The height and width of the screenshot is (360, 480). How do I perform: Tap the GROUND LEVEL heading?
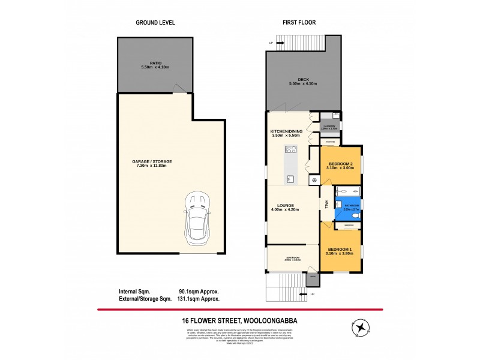click(x=155, y=23)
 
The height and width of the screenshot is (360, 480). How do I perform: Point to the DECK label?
click(x=302, y=79)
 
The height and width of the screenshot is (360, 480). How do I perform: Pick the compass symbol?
click(x=361, y=328)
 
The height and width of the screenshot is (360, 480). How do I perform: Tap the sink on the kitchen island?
click(x=290, y=178)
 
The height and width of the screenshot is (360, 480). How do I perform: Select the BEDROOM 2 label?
click(x=340, y=164)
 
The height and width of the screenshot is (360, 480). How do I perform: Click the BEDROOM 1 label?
click(x=340, y=249)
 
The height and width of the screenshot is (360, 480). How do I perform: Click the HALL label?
click(x=325, y=204)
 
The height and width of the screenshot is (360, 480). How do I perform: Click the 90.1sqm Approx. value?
click(x=199, y=291)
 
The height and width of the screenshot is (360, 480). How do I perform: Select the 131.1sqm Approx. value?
click(x=199, y=298)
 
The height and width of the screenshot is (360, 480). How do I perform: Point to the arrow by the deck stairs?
click(x=271, y=43)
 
